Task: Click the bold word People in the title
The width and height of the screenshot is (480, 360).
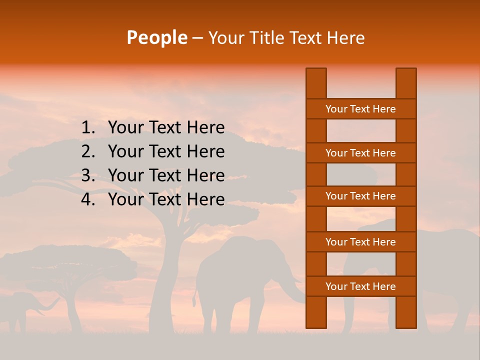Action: (156, 37)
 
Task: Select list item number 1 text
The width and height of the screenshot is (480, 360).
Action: (166, 128)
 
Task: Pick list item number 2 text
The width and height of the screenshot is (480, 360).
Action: (166, 151)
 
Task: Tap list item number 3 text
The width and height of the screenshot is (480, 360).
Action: (166, 175)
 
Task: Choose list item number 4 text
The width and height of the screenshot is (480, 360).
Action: (166, 199)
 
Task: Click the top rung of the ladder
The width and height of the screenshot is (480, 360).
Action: (360, 109)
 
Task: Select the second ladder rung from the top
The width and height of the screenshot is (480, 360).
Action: (360, 153)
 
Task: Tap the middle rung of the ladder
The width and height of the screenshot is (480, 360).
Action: (360, 196)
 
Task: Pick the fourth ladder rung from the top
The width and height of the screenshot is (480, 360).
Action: (360, 242)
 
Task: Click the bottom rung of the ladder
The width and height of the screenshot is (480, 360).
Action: (360, 286)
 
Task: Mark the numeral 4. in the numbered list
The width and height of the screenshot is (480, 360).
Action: (87, 199)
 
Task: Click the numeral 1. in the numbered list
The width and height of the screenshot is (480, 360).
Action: (87, 128)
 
